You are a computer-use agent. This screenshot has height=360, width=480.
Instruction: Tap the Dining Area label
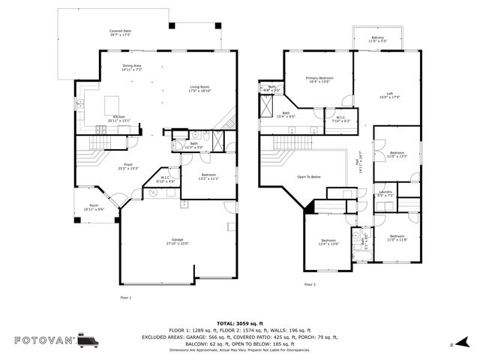(132, 67)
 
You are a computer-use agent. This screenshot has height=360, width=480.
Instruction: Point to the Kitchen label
(120, 118)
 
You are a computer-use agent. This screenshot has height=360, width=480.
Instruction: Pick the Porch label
(93, 206)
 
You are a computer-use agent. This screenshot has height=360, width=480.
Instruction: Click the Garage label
(177, 241)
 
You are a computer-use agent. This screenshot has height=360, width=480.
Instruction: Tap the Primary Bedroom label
(319, 79)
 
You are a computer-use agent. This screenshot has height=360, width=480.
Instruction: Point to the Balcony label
(379, 40)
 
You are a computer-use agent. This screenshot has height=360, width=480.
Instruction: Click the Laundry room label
(385, 194)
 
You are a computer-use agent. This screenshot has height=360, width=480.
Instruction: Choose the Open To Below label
(309, 177)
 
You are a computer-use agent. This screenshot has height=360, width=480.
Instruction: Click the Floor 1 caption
(126, 298)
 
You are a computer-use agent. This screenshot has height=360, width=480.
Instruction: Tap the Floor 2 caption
(310, 284)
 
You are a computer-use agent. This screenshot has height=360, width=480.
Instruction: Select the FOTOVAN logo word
(43, 340)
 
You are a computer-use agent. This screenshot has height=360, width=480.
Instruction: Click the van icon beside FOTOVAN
(87, 340)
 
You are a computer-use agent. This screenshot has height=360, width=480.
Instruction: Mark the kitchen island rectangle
(113, 103)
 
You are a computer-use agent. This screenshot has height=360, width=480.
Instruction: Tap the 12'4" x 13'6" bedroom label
(329, 242)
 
